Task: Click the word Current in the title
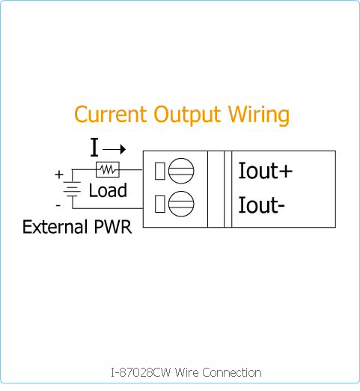click(x=110, y=115)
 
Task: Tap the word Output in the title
click(x=187, y=115)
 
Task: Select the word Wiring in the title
click(x=259, y=115)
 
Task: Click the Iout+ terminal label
click(x=265, y=171)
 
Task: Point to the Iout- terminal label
click(x=261, y=204)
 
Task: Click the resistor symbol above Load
click(x=108, y=170)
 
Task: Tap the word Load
click(x=108, y=190)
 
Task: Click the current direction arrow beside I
click(x=115, y=149)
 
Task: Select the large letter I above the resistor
click(x=94, y=148)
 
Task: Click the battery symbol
click(x=72, y=189)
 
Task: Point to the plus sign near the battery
click(x=59, y=175)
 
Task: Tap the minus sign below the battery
click(x=58, y=206)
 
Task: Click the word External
click(x=55, y=227)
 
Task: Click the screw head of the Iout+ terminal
click(x=181, y=171)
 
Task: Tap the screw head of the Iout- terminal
click(x=181, y=204)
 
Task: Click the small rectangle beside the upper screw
click(x=160, y=171)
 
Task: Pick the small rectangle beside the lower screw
click(x=160, y=204)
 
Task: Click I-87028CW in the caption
click(x=141, y=372)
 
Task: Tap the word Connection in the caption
click(x=232, y=372)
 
